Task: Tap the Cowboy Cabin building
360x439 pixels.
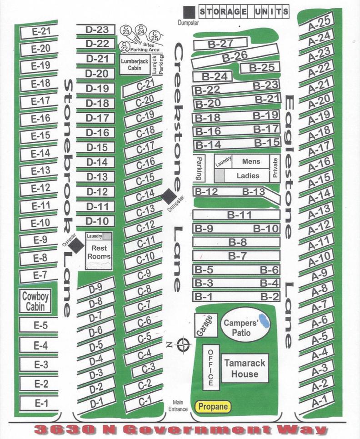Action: pos(35,301)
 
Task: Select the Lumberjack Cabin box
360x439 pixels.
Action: pos(132,65)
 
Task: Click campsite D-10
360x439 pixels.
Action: pos(96,221)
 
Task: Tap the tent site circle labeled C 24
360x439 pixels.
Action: pos(141,31)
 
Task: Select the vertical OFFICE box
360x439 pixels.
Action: pos(210,367)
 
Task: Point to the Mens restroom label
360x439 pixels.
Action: pos(251,162)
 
